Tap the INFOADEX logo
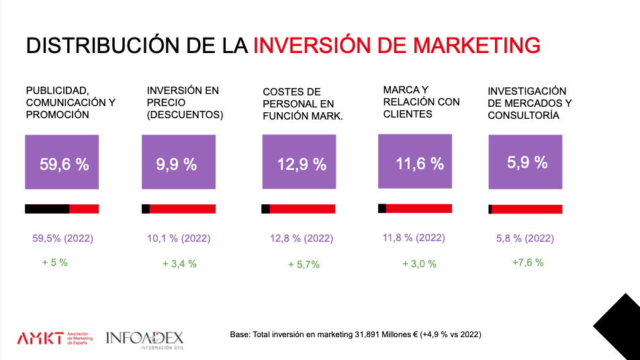pos(144,339)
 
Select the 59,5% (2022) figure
pos(62,238)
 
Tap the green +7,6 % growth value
pos(527,263)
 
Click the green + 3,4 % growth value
pos(179,264)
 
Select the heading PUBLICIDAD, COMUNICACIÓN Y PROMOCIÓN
pos(71,102)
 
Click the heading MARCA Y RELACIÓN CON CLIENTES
pos(421,101)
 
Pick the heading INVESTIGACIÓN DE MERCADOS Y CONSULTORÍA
pos(529,103)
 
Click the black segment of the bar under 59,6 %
pos(47,209)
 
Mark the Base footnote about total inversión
pos(355,334)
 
